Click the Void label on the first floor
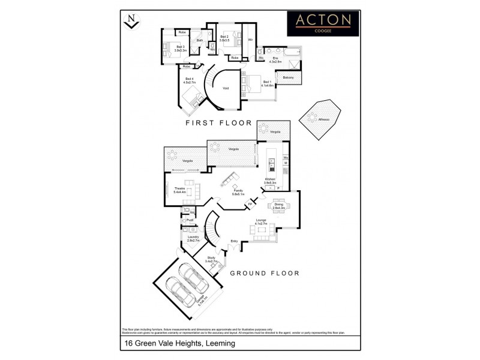[226, 88]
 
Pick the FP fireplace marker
[250, 206]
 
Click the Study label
[211, 257]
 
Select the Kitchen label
[270, 179]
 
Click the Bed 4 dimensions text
[190, 82]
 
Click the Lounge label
[261, 220]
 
